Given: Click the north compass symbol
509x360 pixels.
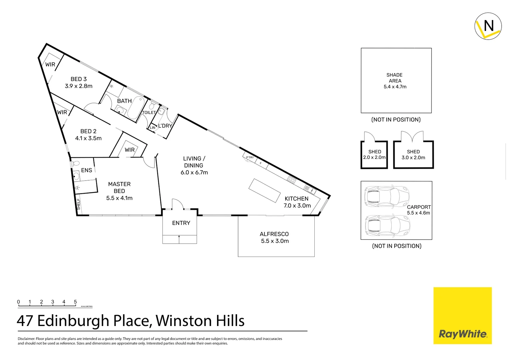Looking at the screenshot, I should pyautogui.click(x=488, y=26).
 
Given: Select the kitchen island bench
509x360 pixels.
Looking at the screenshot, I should pyautogui.click(x=264, y=190).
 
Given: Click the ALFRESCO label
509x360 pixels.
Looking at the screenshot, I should pyautogui.click(x=274, y=234).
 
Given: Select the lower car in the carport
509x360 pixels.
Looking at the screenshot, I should pyautogui.click(x=387, y=225).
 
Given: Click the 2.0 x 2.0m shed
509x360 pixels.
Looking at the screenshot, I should pyautogui.click(x=374, y=155).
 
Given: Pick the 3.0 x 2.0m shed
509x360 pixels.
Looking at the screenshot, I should pyautogui.click(x=413, y=155).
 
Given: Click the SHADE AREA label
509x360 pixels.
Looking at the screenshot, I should pyautogui.click(x=395, y=78).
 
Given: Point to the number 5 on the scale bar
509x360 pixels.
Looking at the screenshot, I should pyautogui.click(x=75, y=302).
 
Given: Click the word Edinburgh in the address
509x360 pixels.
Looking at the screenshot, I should pyautogui.click(x=73, y=321).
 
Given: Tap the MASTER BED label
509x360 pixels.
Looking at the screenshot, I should pyautogui.click(x=119, y=187).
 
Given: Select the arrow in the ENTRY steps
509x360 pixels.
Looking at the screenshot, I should pyautogui.click(x=179, y=239).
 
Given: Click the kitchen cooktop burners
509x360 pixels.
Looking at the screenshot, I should pyautogui.click(x=291, y=180).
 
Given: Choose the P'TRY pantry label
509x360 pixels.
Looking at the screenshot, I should pyautogui.click(x=250, y=157).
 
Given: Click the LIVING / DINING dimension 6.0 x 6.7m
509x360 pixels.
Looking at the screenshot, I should pyautogui.click(x=194, y=172).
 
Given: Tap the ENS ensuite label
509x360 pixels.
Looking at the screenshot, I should pyautogui.click(x=86, y=170).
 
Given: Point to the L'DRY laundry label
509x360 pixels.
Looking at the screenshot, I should pyautogui.click(x=165, y=126).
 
